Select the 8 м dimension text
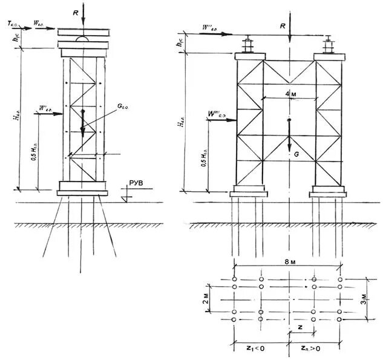[287, 261]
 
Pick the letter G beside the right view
[296, 155]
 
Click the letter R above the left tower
[74, 10]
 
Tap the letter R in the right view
[283, 27]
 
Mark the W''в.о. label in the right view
[214, 28]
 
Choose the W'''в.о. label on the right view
[216, 114]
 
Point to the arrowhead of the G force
[289, 149]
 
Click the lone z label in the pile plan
[301, 327]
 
